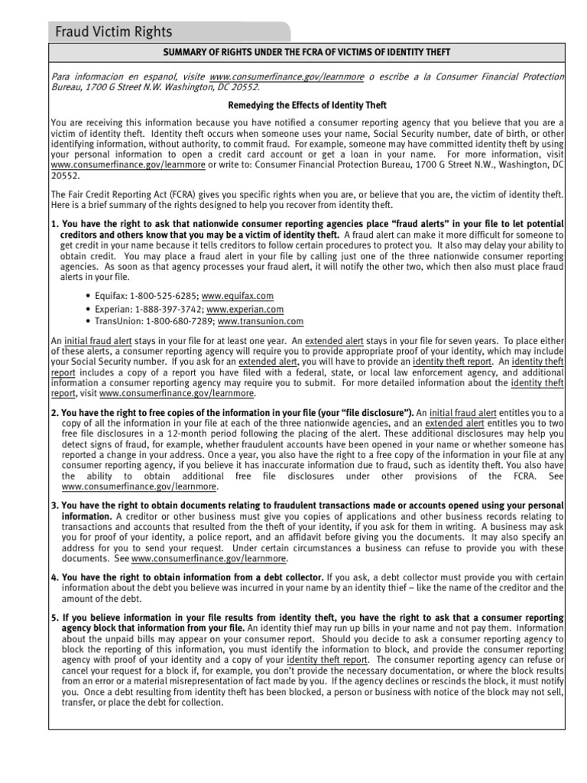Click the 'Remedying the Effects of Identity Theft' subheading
[x=307, y=105]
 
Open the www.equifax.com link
[x=238, y=296]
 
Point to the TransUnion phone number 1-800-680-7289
[x=177, y=322]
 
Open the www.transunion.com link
[x=260, y=322]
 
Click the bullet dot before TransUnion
[x=89, y=322]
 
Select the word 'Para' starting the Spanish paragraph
[x=60, y=76]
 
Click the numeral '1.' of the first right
[x=54, y=223]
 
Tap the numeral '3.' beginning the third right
[x=54, y=506]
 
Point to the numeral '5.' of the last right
[x=54, y=616]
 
